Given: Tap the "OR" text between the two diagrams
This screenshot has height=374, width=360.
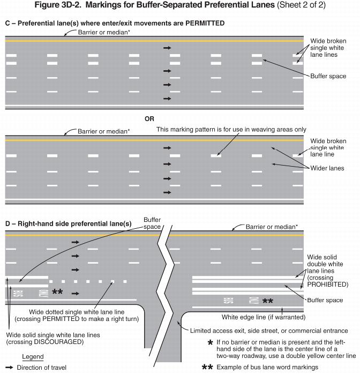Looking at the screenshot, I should click(x=149, y=118).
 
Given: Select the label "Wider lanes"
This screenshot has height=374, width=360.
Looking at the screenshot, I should click(x=327, y=168).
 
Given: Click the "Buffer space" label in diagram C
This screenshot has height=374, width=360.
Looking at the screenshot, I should click(x=328, y=76).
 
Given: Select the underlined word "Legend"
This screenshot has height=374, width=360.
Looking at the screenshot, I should click(x=33, y=357).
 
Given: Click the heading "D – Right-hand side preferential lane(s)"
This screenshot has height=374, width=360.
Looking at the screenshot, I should click(x=68, y=223).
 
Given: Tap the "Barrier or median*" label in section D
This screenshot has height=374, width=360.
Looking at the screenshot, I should click(x=272, y=227).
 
